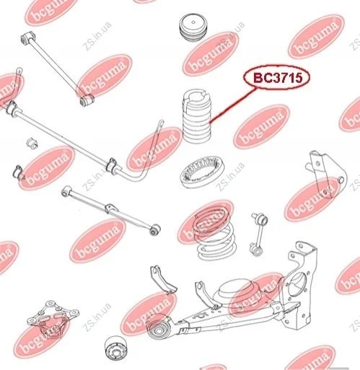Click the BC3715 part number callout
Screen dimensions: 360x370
(276, 77)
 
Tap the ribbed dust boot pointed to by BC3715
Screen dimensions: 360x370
(196, 117)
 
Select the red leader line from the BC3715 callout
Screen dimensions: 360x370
(232, 105)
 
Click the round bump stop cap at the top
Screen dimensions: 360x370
(193, 29)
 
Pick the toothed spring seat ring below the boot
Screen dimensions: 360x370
(203, 172)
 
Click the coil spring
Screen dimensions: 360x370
(214, 233)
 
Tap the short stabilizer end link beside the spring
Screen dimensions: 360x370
(259, 234)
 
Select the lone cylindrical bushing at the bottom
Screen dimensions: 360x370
(117, 348)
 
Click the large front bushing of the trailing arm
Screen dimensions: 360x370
(158, 327)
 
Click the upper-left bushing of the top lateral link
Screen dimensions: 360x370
(27, 38)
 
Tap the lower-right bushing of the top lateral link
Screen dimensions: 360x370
(87, 100)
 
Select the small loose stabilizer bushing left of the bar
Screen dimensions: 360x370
(32, 143)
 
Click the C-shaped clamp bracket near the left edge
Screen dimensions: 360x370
(18, 172)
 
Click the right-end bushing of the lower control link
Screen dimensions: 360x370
(155, 229)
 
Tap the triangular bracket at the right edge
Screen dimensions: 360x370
(326, 174)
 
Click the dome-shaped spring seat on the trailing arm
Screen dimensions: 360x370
(238, 292)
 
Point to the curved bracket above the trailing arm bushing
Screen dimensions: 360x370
(162, 280)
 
